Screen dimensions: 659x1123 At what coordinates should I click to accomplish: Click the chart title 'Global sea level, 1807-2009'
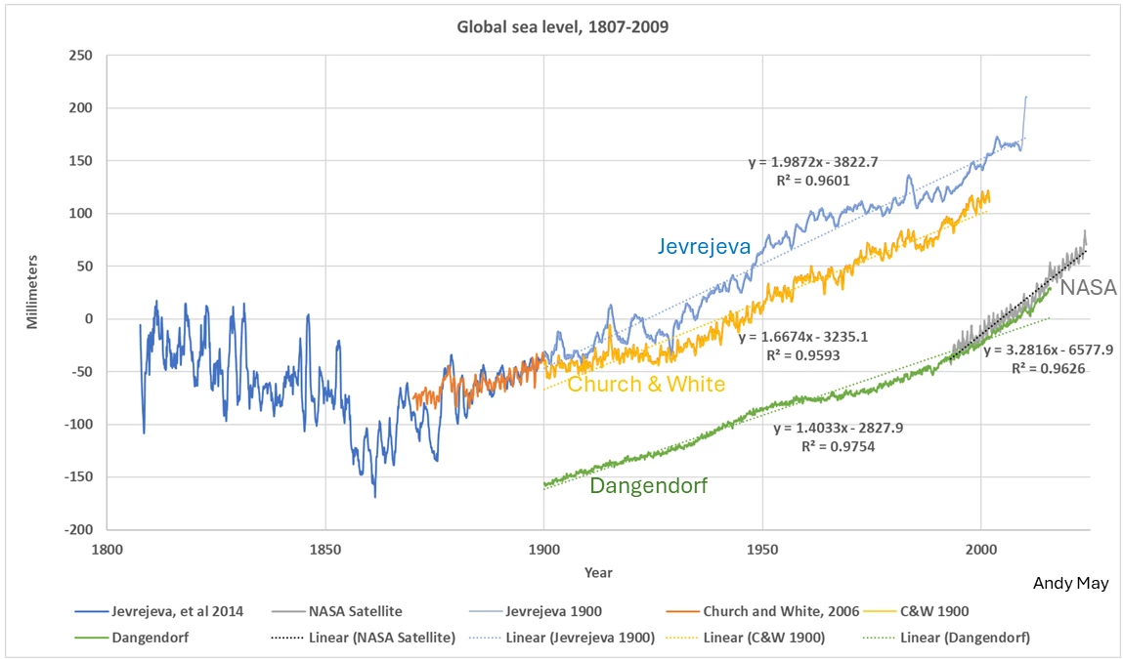(563, 26)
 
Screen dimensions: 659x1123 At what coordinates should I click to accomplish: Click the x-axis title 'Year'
(598, 572)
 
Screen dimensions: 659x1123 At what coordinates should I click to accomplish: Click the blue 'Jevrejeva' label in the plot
(704, 247)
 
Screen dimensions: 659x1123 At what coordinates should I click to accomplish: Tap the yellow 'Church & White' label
(646, 384)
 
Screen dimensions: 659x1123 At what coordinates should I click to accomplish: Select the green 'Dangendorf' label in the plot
(648, 485)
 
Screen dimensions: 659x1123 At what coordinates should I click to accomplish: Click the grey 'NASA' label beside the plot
(1089, 287)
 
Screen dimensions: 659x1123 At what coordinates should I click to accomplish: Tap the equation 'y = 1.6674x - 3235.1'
(803, 337)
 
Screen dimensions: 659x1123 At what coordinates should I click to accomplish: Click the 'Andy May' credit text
(1070, 583)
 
